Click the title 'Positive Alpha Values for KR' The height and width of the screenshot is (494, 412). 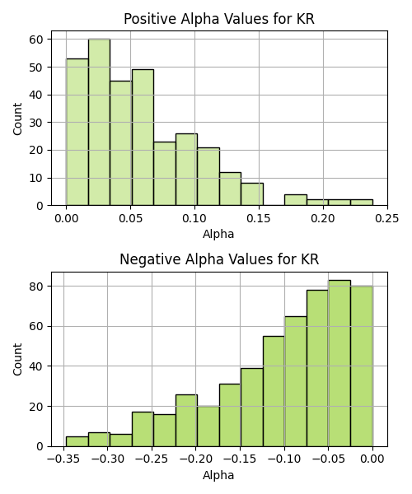click(x=218, y=19)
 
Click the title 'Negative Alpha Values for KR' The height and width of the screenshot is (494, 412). click(x=219, y=259)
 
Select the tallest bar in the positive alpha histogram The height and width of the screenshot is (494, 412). click(x=100, y=122)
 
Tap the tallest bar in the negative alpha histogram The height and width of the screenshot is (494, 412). click(x=339, y=363)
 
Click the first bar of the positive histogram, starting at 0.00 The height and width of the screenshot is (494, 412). click(x=77, y=132)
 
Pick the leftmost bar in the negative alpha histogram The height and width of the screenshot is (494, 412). click(x=77, y=441)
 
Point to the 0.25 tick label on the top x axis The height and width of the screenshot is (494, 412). click(x=386, y=218)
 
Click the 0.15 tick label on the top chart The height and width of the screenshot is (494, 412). click(x=259, y=218)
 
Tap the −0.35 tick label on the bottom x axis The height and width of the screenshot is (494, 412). click(x=63, y=459)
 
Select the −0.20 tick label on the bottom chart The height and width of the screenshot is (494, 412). click(x=196, y=459)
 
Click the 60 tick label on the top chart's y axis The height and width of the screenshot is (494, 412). click(x=36, y=40)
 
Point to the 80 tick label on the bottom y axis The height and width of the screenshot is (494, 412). click(x=36, y=287)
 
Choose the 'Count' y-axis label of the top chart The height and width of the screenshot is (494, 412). click(x=17, y=119)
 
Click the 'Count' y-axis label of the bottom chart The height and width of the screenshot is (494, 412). click(x=17, y=360)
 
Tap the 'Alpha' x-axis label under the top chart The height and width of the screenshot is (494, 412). click(x=218, y=234)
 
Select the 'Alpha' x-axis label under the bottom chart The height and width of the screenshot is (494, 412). click(x=218, y=475)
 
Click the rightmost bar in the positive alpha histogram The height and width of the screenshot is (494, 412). click(x=362, y=203)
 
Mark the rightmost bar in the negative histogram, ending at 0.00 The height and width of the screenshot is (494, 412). click(x=362, y=366)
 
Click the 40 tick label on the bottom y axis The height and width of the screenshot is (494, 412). click(x=36, y=366)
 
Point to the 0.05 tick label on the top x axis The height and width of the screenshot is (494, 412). click(x=130, y=218)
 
